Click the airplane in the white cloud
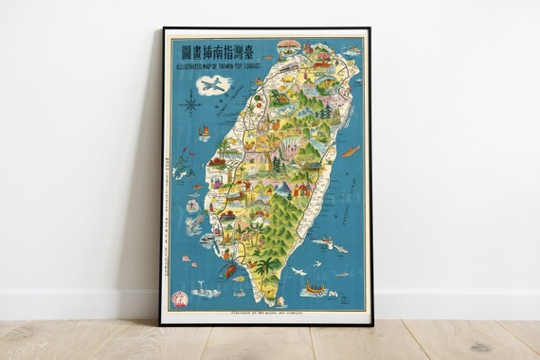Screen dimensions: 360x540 tap(214, 84)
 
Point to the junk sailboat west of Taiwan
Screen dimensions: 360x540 tap(205, 133)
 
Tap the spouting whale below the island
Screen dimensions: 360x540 tap(204, 291)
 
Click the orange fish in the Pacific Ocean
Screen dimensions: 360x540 tap(351, 151)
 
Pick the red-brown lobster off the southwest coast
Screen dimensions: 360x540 tap(228, 271)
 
